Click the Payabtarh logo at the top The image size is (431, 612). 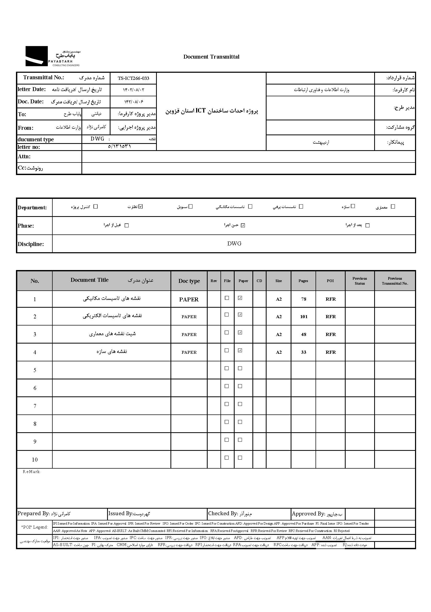53,56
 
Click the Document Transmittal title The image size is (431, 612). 211,57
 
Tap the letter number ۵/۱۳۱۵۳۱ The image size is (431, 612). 119,146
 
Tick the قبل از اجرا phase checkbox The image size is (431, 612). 127,226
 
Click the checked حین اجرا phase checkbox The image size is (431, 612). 243,226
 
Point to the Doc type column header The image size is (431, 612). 189,281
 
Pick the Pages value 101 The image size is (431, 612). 304,317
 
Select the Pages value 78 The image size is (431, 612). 304,299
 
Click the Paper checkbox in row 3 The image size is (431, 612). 240,332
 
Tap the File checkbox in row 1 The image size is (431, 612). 227,298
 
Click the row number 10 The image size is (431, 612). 35,459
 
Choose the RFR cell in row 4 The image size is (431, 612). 331,352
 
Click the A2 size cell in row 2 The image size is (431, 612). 279,317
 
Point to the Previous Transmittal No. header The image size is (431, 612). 395,281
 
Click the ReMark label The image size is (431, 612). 31,472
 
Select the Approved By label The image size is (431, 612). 308,514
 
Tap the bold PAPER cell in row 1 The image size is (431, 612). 189,299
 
